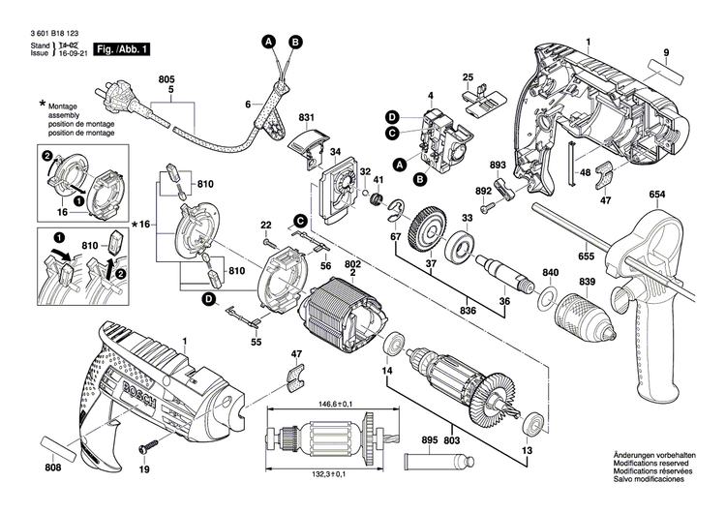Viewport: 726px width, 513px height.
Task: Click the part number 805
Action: point(166,78)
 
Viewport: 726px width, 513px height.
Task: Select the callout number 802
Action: point(352,262)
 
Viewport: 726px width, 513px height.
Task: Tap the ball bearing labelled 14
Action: point(394,346)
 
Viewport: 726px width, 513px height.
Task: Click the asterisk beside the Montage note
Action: point(42,103)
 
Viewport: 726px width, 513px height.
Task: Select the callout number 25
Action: point(468,76)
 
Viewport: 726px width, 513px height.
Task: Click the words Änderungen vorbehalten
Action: point(653,455)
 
